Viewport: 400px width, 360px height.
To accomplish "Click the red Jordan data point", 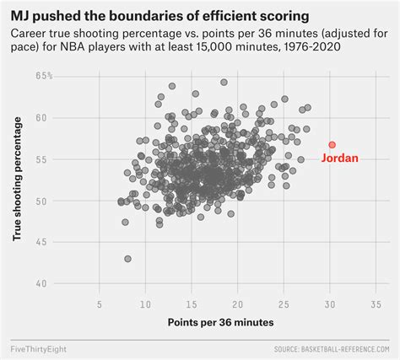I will coord(332,145).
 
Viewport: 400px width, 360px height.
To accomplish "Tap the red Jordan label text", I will coord(340,158).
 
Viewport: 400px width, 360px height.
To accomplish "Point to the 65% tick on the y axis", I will coord(45,77).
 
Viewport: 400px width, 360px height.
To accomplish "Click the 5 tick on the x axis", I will coord(100,304).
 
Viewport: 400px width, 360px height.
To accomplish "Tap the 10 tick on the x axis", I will coord(145,304).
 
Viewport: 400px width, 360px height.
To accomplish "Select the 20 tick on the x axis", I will coord(237,304).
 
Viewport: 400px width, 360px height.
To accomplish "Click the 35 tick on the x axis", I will coord(376,304).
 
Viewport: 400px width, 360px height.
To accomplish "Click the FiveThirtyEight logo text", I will coord(40,348).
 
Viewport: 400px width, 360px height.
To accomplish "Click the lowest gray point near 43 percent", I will coord(127,259).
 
